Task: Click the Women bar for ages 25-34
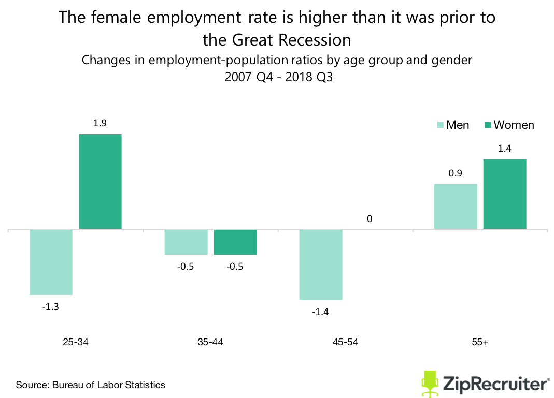tap(100, 181)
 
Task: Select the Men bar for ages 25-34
tap(51, 262)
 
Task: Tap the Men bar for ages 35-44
tap(186, 242)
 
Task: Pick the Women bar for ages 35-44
tap(235, 242)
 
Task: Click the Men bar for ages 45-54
tap(321, 264)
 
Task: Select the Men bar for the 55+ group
tap(455, 207)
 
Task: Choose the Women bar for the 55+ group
tap(505, 194)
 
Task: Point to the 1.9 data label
tap(100, 123)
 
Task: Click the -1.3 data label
tap(50, 306)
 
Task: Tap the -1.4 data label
tap(320, 312)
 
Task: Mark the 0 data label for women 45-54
tap(370, 219)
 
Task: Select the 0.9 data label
tap(455, 173)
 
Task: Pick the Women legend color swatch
tap(487, 125)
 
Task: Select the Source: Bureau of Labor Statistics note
tap(90, 385)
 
